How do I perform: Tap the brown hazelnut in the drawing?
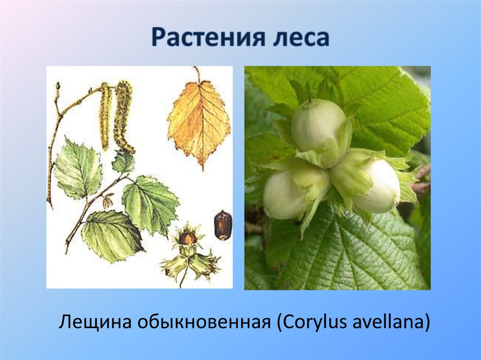pyautogui.click(x=223, y=225)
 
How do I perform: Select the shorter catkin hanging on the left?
pyautogui.click(x=105, y=115)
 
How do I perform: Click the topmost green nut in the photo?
pyautogui.click(x=318, y=125)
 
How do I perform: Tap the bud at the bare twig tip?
pyautogui.click(x=58, y=86)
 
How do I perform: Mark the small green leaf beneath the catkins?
pyautogui.click(x=124, y=162)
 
